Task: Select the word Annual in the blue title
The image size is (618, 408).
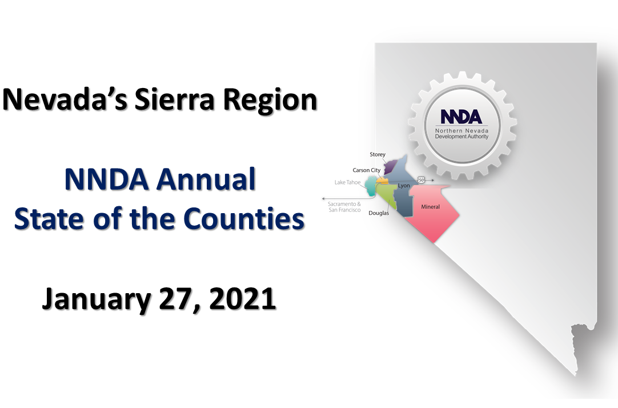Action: tap(206, 179)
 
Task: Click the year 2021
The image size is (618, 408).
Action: tap(242, 299)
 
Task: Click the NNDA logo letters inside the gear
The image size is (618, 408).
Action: tap(461, 117)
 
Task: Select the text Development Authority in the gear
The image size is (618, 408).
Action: tap(462, 137)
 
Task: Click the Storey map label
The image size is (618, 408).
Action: tap(378, 154)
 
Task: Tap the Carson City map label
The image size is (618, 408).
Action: tap(367, 170)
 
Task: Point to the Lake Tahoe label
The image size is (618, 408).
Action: tap(348, 182)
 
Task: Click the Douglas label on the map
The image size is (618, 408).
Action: tap(379, 213)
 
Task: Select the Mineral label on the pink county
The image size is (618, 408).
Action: tap(431, 206)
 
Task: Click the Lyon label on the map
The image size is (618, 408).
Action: tap(404, 186)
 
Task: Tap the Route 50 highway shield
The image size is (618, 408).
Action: tap(422, 180)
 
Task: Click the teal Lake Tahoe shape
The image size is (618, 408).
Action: tap(371, 186)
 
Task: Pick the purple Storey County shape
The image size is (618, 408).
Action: tap(390, 167)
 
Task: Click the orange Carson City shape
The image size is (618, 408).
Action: tap(382, 181)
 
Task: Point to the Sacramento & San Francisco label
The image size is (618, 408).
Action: tap(344, 207)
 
